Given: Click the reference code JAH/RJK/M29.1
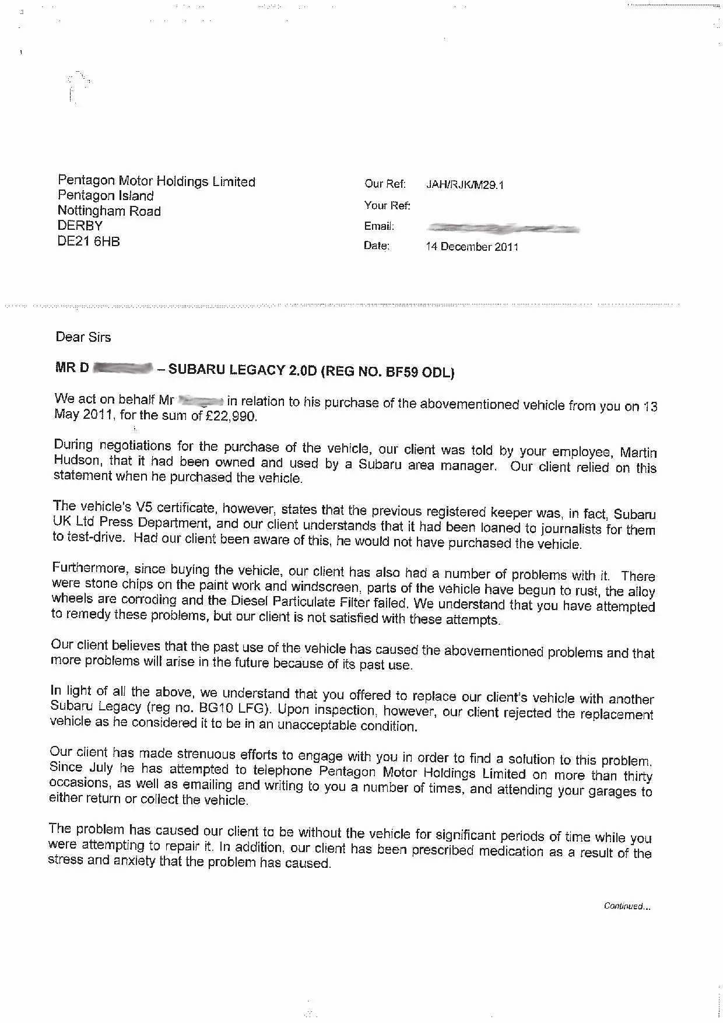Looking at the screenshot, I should (465, 185).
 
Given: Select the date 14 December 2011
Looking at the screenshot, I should (472, 247).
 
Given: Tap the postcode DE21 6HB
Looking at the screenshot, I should (89, 241).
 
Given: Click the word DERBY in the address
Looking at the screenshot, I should (80, 226).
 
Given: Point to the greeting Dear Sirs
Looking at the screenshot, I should (83, 337).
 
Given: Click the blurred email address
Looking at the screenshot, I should (503, 228).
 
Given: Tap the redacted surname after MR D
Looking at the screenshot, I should (123, 368).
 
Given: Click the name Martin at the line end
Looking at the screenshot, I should (638, 453).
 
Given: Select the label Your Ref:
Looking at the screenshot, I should (387, 205).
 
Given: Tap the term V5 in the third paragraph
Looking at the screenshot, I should (144, 506).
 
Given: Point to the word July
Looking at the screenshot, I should (101, 768).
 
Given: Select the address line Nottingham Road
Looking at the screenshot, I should (109, 211).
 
